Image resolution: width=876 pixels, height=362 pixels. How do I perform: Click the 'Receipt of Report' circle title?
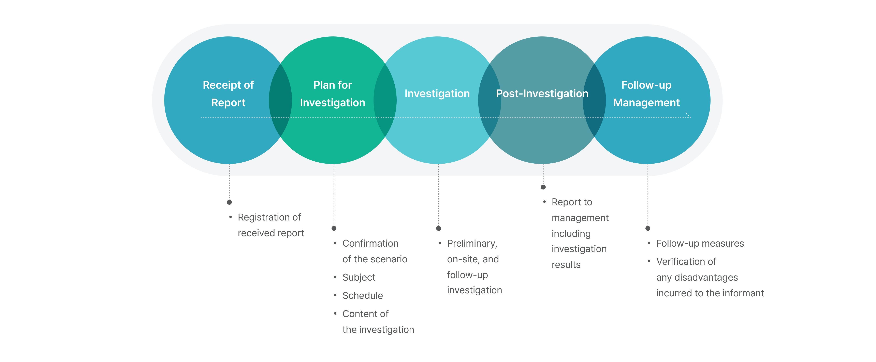228,94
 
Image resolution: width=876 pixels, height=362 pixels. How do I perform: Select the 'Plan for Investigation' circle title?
332,94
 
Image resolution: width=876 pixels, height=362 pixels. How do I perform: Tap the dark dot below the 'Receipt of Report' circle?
229,202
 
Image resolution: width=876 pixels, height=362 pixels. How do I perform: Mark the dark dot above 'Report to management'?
543,187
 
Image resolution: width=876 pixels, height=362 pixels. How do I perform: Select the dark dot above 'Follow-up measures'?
648,229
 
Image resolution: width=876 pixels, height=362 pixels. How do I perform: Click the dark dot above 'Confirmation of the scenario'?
334,229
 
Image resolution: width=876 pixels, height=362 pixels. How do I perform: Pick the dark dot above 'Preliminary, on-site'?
439,229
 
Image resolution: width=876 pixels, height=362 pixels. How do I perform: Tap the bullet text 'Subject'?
359,277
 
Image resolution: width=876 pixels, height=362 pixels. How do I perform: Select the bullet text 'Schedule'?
363,296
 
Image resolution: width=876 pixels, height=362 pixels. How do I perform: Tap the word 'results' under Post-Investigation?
566,265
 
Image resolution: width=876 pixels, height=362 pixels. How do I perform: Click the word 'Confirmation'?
370,244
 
